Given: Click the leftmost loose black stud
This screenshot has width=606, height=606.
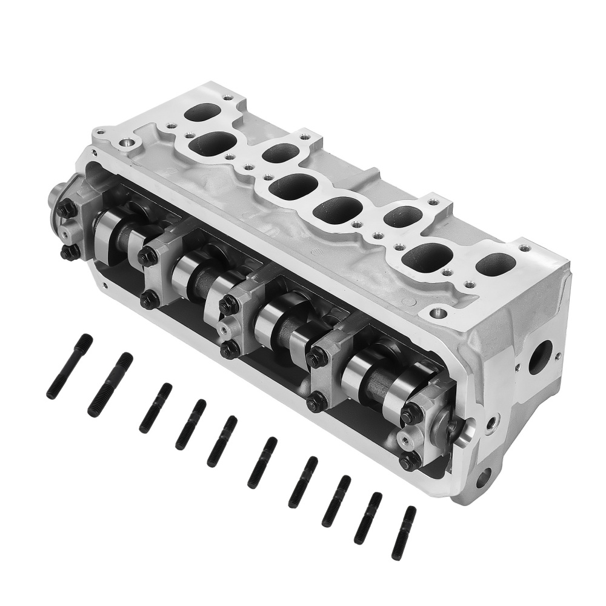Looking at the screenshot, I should (70, 366).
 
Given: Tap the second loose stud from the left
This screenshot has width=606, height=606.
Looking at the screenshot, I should (110, 384).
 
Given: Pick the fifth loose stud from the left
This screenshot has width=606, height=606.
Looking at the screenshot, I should (222, 441).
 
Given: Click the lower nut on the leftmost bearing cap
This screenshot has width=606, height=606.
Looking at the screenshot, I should (71, 251).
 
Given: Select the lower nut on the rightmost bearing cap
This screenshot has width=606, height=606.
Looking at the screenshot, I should (410, 461).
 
